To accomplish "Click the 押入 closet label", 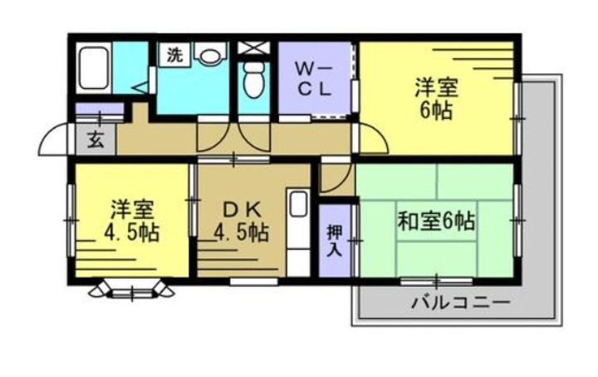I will pyautogui.click(x=334, y=239).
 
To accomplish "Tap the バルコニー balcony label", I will pyautogui.click(x=459, y=301).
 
